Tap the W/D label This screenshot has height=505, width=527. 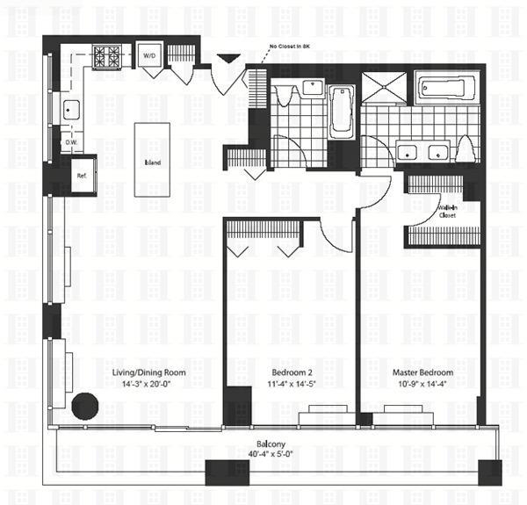tap(150, 57)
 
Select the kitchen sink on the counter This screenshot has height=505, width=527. tap(69, 110)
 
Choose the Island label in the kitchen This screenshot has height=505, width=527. tap(152, 162)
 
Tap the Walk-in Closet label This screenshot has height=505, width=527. tap(448, 211)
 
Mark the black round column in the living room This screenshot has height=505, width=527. tap(85, 406)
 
